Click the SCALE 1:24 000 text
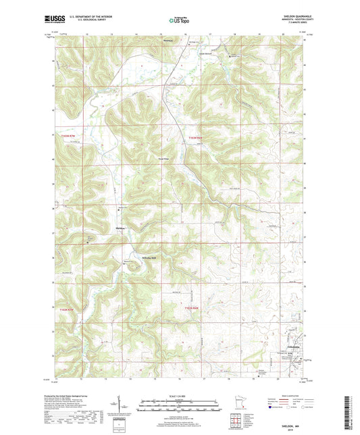(179, 394)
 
